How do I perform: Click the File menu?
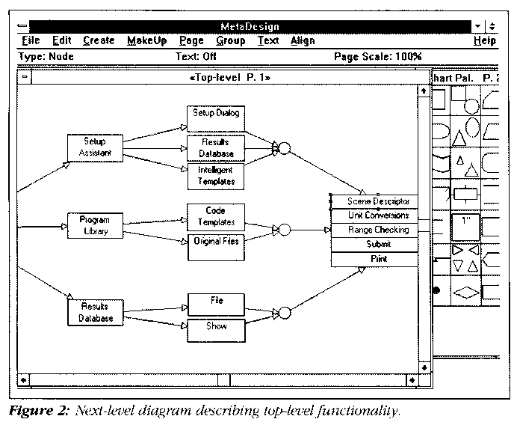point(31,41)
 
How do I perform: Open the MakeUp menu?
point(146,41)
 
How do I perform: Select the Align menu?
point(302,41)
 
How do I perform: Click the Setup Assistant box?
point(94,147)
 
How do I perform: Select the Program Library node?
point(94,225)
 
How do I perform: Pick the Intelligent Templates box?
point(216,175)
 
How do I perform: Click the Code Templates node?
point(215,216)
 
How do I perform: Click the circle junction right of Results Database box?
point(284,147)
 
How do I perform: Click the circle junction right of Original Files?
point(284,230)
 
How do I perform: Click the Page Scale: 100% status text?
point(377,56)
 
